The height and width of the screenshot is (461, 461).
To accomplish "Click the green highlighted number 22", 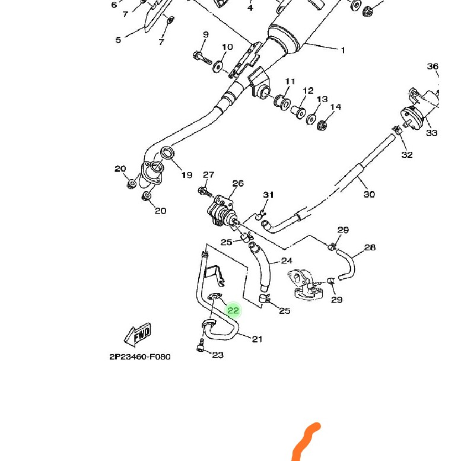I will pyautogui.click(x=233, y=310).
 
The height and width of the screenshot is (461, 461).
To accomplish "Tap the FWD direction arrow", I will pyautogui.click(x=138, y=335).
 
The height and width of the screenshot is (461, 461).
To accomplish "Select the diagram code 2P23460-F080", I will pyautogui.click(x=139, y=357).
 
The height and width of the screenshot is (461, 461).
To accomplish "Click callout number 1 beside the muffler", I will pyautogui.click(x=343, y=50).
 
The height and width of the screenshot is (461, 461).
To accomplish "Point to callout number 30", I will pyautogui.click(x=369, y=194).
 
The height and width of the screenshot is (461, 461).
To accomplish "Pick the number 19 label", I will pyautogui.click(x=187, y=175).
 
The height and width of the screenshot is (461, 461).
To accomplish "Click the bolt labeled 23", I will pyautogui.click(x=200, y=345).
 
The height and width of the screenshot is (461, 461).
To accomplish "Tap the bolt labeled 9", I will pyautogui.click(x=201, y=58).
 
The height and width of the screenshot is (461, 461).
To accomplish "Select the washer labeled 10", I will pyautogui.click(x=218, y=65).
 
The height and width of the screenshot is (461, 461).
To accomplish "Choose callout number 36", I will pyautogui.click(x=433, y=66).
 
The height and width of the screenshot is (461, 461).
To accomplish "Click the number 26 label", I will pyautogui.click(x=238, y=183).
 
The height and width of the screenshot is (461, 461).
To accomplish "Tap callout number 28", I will pyautogui.click(x=370, y=247).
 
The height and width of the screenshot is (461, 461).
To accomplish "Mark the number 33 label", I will pyautogui.click(x=431, y=133).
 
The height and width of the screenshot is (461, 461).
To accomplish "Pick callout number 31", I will pyautogui.click(x=269, y=195).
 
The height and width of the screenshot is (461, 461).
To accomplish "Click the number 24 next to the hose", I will pyautogui.click(x=287, y=260).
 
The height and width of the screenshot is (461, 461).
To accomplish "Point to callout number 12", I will pyautogui.click(x=308, y=91).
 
